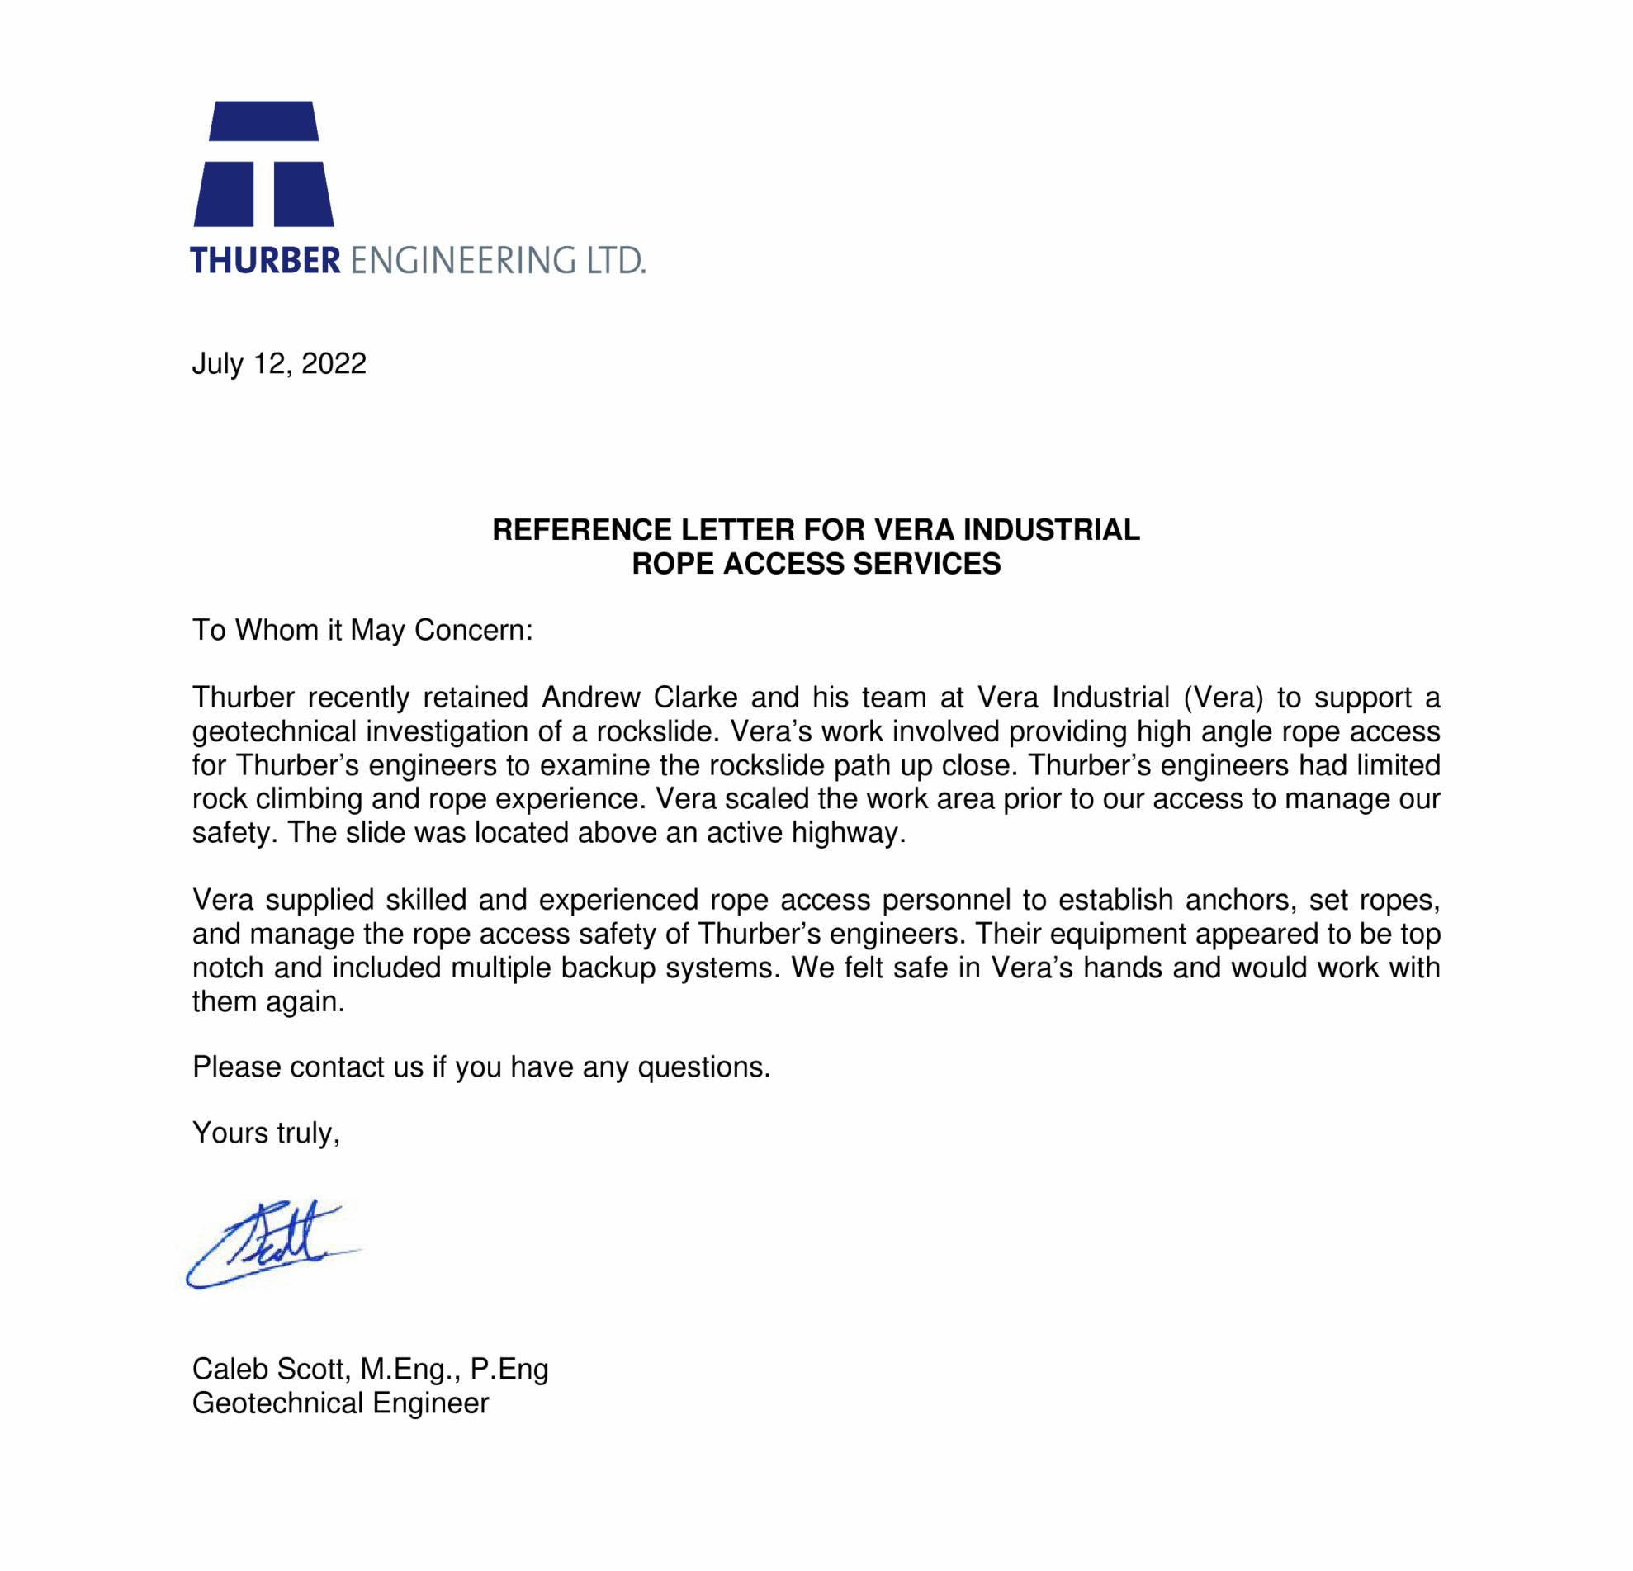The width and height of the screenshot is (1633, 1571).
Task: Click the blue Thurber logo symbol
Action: click(x=263, y=164)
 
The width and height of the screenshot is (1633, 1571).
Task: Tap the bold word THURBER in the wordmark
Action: click(x=265, y=261)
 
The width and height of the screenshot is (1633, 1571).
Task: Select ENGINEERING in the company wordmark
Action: click(x=462, y=261)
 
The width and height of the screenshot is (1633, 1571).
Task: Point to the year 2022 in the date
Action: click(x=334, y=364)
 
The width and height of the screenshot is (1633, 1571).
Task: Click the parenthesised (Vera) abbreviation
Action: click(x=1223, y=698)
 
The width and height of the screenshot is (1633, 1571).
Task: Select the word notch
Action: click(x=228, y=967)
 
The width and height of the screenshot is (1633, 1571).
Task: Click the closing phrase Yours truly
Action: click(x=266, y=1133)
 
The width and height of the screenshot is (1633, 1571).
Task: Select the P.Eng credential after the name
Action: click(x=509, y=1370)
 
